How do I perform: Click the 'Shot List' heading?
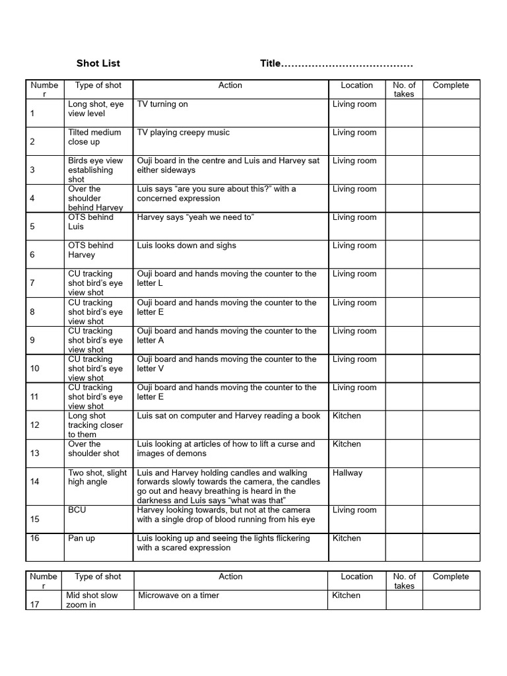tap(98, 63)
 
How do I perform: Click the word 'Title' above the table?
tap(270, 63)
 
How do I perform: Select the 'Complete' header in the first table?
tap(450, 85)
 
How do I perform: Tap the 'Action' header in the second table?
tap(230, 576)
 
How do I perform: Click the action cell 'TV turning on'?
tap(162, 104)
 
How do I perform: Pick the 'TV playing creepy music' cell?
tap(183, 133)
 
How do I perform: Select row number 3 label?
tap(32, 170)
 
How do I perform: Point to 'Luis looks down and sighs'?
tap(186, 246)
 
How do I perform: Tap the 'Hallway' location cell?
tap(347, 473)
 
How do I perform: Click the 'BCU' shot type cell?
tap(77, 510)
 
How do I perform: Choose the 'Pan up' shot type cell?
tap(81, 539)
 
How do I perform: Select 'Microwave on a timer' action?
tap(178, 595)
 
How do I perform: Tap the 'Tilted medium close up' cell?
tap(94, 137)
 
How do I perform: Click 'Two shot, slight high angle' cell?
tap(97, 477)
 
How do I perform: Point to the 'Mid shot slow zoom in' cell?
tap(92, 599)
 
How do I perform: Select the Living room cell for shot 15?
tap(355, 510)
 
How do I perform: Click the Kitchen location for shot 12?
tap(347, 416)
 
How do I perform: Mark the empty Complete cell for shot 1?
tap(451, 113)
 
